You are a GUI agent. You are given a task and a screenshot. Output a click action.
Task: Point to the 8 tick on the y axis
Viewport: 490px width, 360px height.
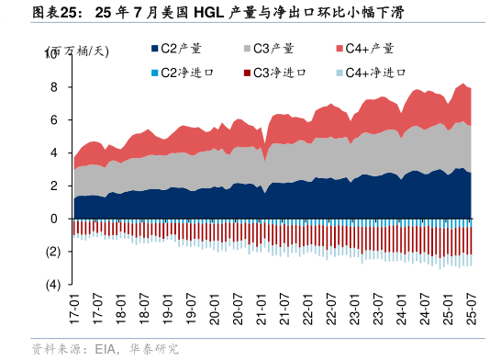[x=56, y=87]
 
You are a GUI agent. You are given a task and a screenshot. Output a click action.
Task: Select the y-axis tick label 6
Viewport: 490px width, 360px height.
[x=56, y=120]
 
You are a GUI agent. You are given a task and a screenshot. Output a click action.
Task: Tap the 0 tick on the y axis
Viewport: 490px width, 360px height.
[x=56, y=219]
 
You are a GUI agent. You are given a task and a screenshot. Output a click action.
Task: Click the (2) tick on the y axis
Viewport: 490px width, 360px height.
[x=53, y=252]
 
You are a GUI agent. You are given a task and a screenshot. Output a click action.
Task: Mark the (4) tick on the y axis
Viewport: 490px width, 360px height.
[x=53, y=285]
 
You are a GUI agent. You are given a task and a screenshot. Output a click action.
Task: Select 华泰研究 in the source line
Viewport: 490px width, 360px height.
[x=152, y=349]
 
